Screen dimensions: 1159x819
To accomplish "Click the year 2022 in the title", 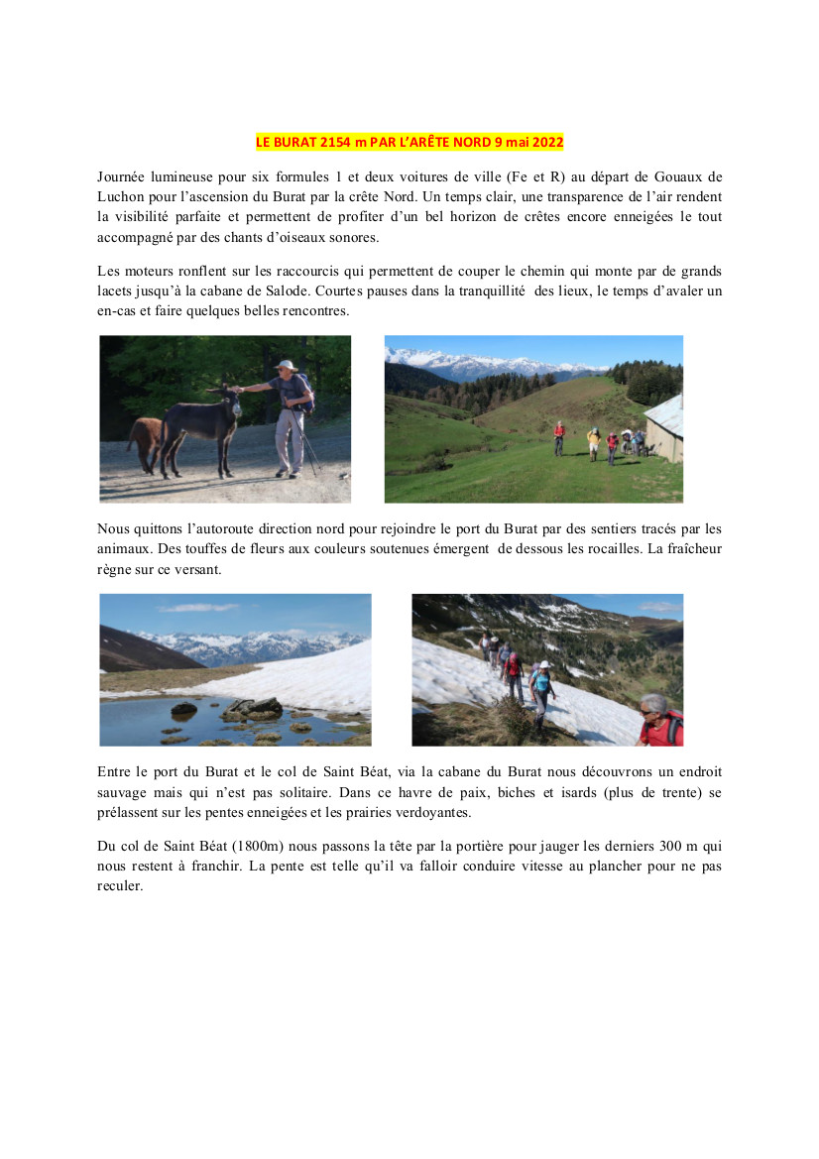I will (547, 142).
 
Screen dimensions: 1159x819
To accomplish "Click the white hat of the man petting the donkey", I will (287, 366).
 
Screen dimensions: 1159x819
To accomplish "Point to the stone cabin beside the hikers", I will (664, 428).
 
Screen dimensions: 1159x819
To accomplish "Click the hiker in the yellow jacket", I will (593, 440).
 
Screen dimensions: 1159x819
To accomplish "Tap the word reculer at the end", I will (120, 886).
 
